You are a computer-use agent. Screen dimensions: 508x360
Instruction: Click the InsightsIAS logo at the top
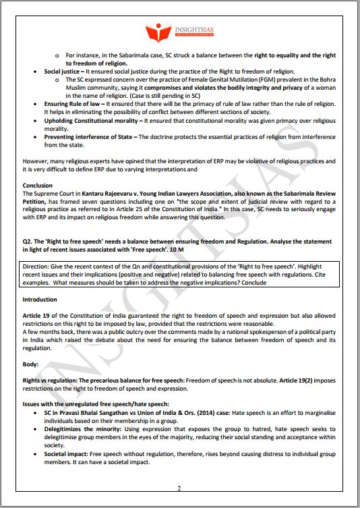point(179,32)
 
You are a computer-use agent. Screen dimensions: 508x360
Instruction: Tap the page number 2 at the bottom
point(179,488)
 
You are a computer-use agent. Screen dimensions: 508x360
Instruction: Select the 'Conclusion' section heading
point(38,185)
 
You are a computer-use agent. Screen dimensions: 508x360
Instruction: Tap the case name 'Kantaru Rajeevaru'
point(112,194)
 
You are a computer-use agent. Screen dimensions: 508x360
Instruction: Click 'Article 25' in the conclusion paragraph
point(177,210)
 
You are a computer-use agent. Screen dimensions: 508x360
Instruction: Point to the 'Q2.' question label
point(29,242)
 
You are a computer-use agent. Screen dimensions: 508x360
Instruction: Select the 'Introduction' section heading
point(40,299)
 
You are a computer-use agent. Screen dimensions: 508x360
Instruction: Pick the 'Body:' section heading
point(32,364)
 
